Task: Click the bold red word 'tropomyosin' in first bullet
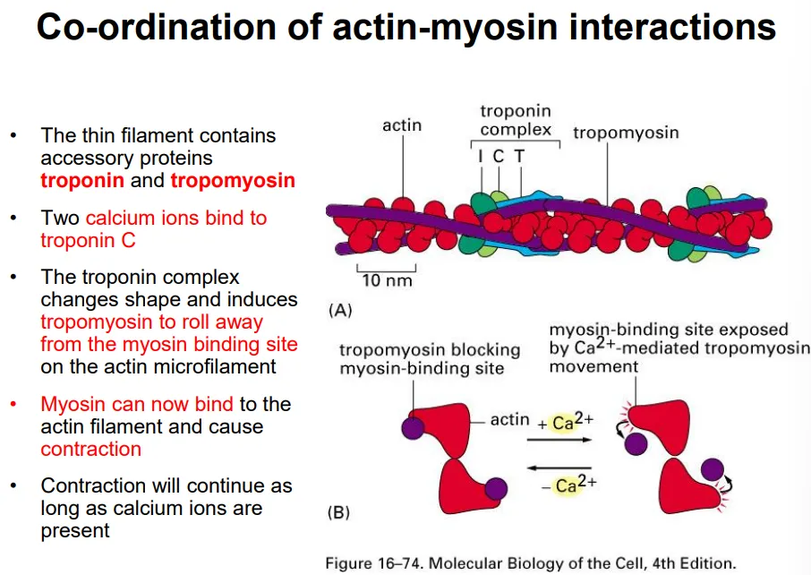point(233,181)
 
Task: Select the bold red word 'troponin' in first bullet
point(81,181)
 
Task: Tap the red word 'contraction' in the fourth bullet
point(90,449)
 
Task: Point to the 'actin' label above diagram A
point(402,125)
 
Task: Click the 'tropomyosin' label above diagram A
point(626,133)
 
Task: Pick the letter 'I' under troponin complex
point(481,156)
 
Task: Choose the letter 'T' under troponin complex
point(518,156)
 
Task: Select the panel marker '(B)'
point(338,513)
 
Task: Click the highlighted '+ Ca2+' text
point(568,422)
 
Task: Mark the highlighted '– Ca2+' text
point(569,485)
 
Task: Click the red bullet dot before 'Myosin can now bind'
point(13,405)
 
